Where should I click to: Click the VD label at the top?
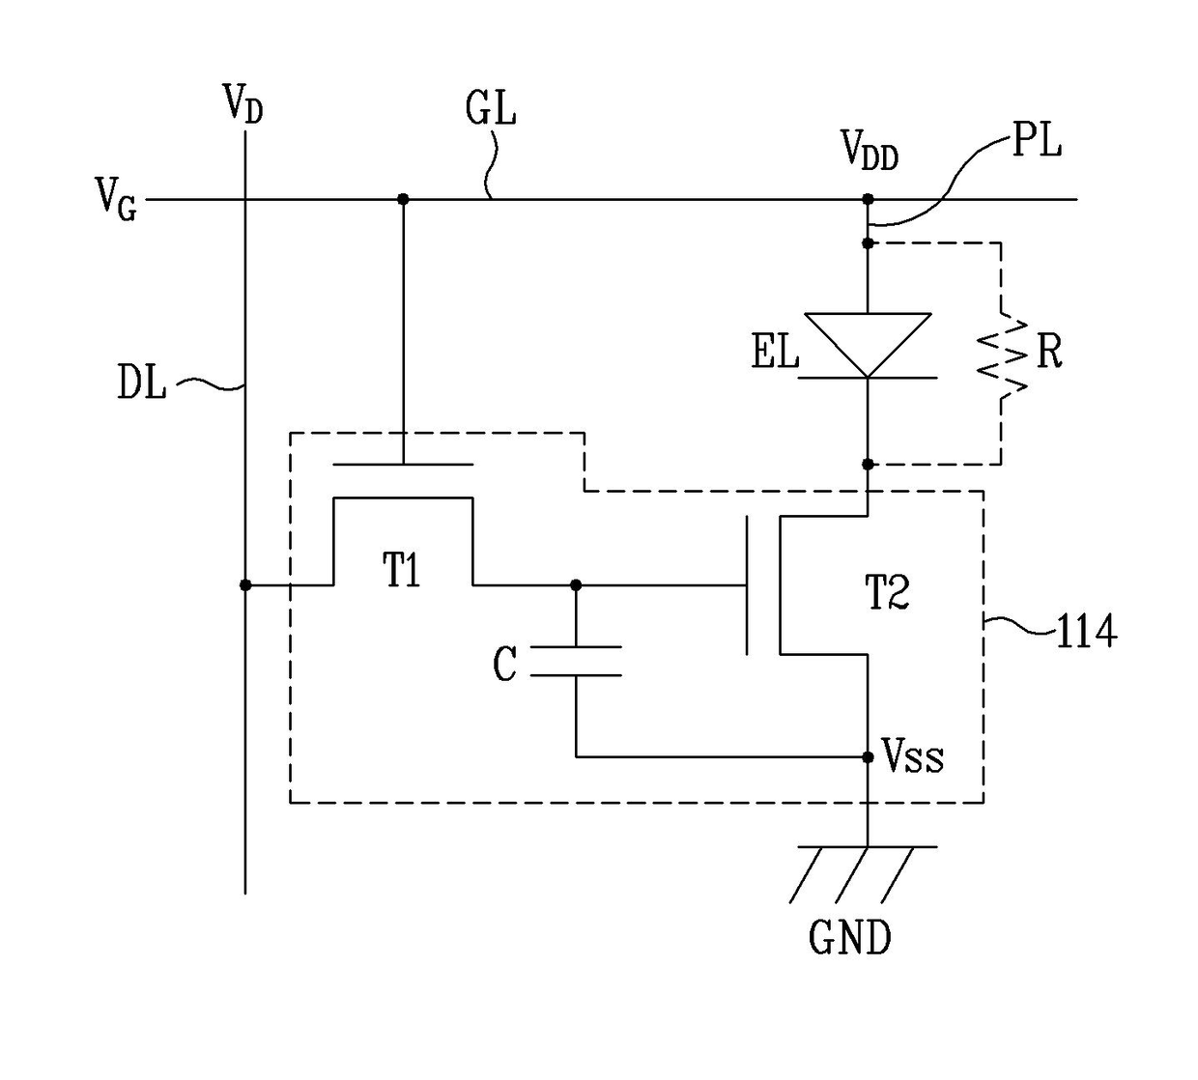[242, 103]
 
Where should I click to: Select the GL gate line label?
[490, 109]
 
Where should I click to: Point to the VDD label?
[870, 150]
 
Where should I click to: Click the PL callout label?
[1036, 141]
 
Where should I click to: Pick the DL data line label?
[142, 382]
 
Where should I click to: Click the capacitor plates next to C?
[576, 662]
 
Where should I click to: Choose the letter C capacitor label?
[504, 665]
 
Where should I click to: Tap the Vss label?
[913, 756]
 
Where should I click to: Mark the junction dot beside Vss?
[868, 756]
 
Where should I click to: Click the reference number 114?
[1086, 632]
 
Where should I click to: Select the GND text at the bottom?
[850, 937]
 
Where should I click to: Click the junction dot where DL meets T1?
[244, 584]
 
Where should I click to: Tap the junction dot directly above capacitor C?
[576, 584]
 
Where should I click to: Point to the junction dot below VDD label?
[868, 199]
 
